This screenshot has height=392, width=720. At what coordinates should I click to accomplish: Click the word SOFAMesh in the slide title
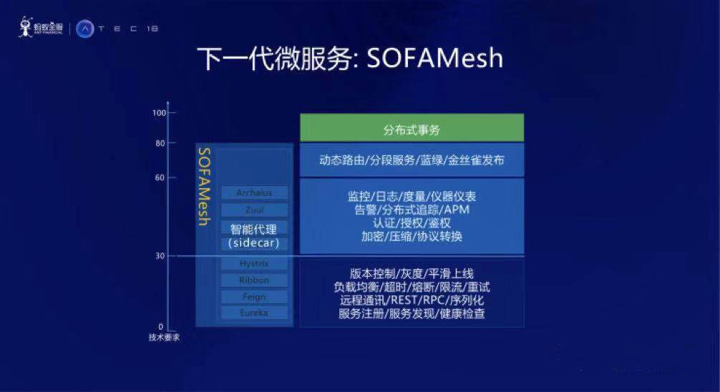[x=435, y=59]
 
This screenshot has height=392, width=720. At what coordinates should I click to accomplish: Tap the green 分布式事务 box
[x=412, y=129]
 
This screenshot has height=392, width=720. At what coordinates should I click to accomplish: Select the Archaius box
[x=254, y=192]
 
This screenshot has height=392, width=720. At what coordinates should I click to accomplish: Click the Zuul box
[x=254, y=210]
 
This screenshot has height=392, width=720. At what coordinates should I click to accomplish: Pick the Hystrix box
[x=254, y=263]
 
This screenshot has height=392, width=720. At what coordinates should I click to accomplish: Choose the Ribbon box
[x=254, y=280]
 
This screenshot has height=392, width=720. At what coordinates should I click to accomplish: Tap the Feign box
[x=254, y=296]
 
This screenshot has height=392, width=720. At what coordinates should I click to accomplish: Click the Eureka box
[x=254, y=313]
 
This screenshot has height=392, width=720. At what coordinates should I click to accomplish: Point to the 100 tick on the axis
[x=159, y=113]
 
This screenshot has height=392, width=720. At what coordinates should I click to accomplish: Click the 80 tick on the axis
[x=161, y=143]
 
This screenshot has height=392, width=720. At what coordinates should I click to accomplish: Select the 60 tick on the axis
[x=161, y=177]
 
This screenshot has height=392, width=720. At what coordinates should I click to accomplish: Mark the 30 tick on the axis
[x=161, y=256]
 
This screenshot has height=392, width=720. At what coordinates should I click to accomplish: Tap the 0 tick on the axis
[x=161, y=327]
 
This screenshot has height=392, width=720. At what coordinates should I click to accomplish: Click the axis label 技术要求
[x=160, y=337]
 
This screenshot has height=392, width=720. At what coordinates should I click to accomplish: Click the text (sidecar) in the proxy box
[x=254, y=243]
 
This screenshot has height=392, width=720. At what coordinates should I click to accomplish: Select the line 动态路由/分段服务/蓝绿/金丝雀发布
[x=412, y=160]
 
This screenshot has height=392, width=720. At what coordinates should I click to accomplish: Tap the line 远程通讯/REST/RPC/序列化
[x=412, y=300]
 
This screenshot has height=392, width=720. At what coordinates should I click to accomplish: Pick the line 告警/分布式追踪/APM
[x=412, y=210]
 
